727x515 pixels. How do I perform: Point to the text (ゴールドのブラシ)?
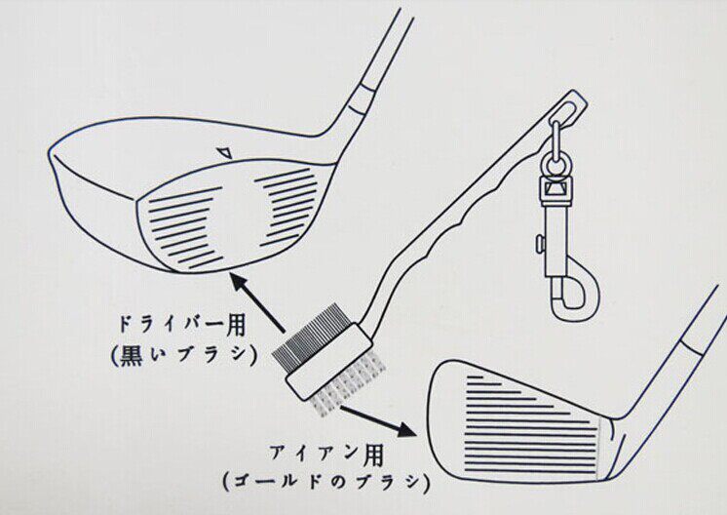click(325, 481)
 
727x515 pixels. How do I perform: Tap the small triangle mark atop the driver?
click(225, 152)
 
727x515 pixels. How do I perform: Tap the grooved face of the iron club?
click(526, 410)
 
